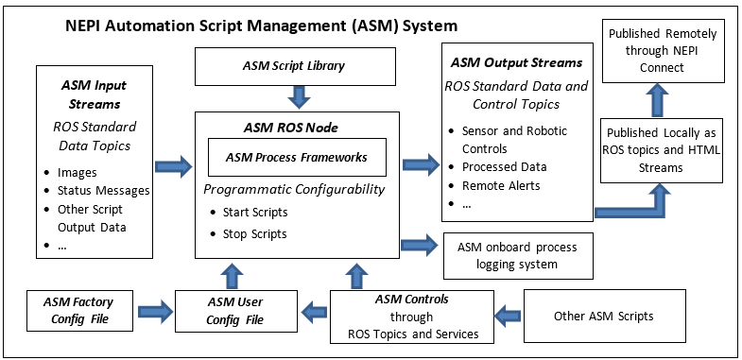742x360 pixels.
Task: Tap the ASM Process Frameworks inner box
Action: coord(297,157)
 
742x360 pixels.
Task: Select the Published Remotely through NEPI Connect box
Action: coord(662,49)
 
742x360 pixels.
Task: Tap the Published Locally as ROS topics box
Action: coord(662,148)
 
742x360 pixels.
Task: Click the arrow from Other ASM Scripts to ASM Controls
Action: coord(509,311)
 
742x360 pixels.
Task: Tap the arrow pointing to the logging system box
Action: coord(419,245)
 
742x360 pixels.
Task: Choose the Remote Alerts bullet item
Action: coord(501,186)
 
